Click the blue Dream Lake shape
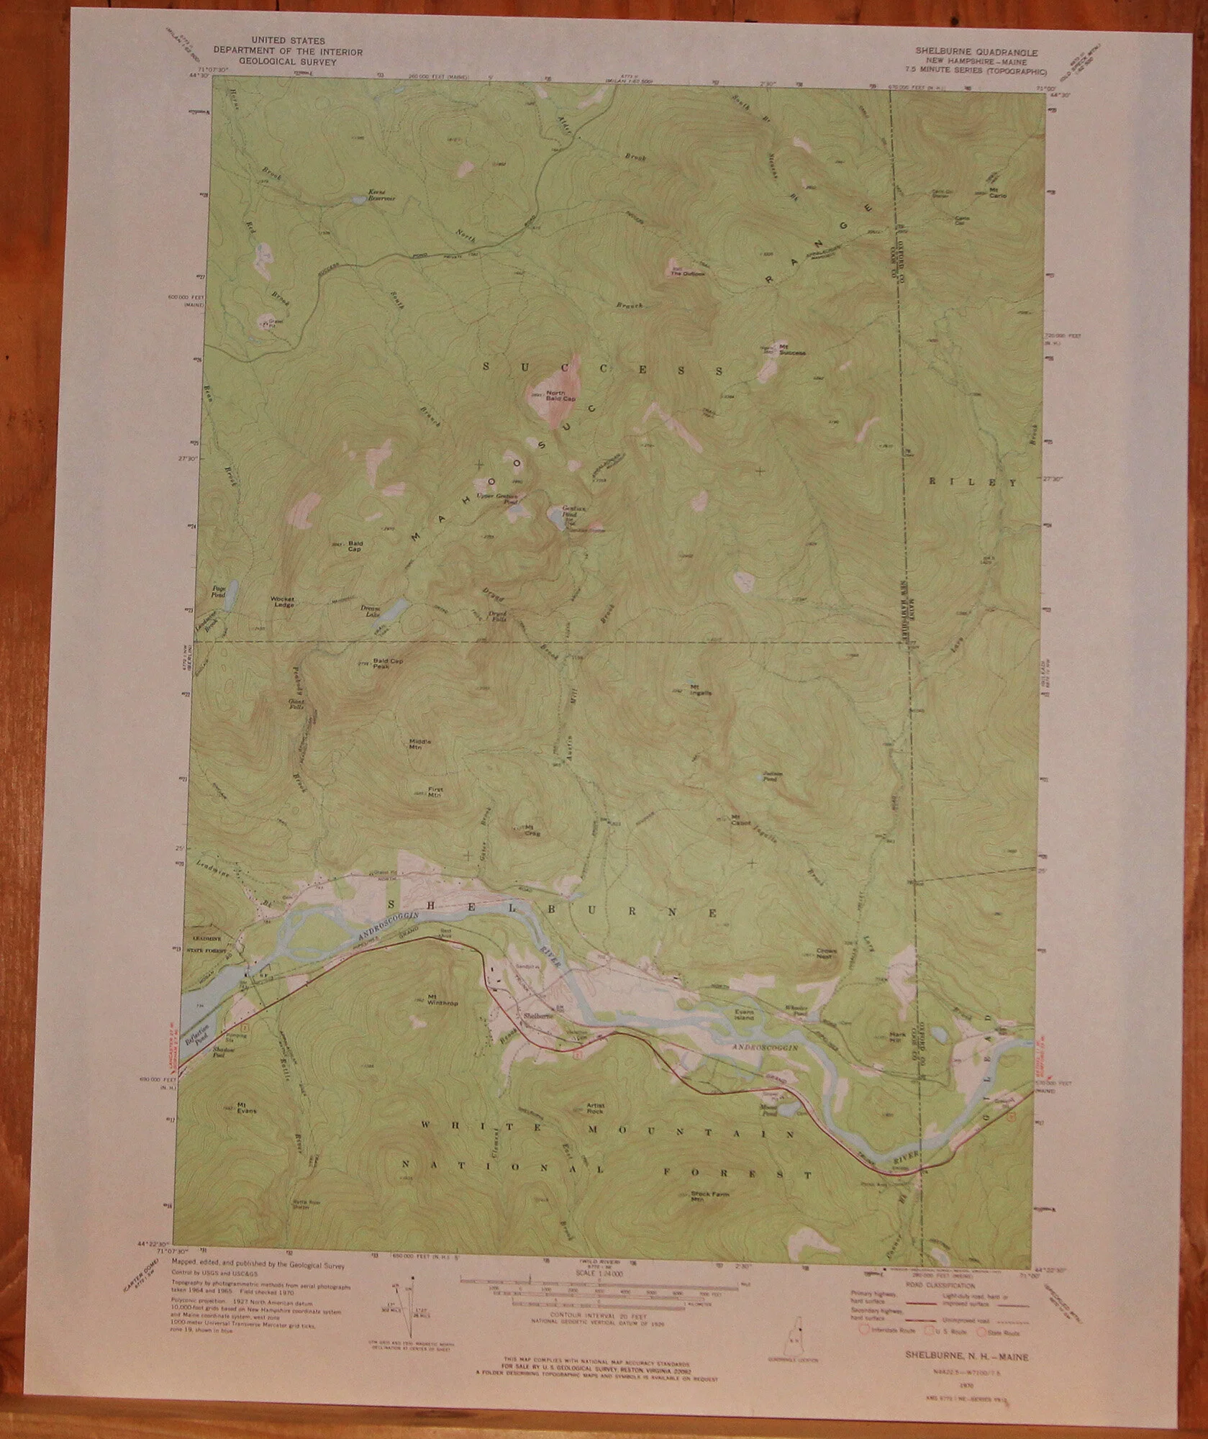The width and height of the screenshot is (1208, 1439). [x=395, y=610]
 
